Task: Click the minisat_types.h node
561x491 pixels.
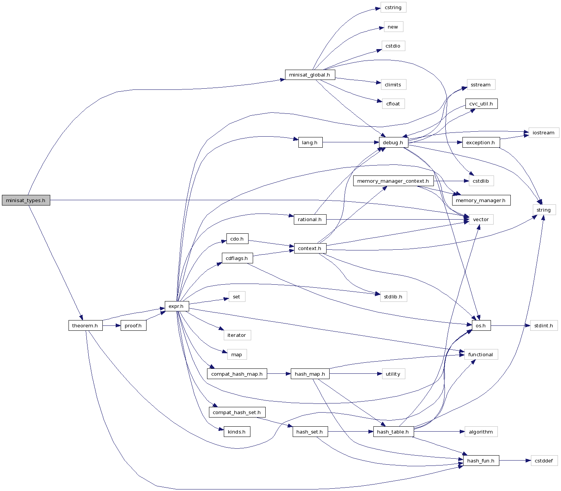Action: [x=26, y=200]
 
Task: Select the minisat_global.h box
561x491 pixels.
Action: [x=310, y=75]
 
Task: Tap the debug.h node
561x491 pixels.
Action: [x=393, y=142]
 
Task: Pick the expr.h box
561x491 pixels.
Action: [x=177, y=306]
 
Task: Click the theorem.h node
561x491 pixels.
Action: [x=85, y=325]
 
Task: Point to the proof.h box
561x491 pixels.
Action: [x=133, y=325]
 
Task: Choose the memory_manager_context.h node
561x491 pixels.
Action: [x=393, y=181]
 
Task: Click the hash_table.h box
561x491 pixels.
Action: [x=393, y=432]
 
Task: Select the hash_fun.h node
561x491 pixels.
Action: [x=481, y=461]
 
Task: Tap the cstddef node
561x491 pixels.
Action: [x=544, y=461]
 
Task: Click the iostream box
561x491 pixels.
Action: [x=543, y=132]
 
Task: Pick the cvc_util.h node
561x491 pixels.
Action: [x=481, y=104]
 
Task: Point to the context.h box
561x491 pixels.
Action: [x=310, y=248]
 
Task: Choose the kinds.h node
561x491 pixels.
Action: [x=237, y=432]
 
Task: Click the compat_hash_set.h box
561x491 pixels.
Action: [x=237, y=412]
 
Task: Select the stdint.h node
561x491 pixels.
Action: [x=544, y=325]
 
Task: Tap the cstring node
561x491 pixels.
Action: [x=393, y=7]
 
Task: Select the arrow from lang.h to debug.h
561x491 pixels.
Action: [x=350, y=142]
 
